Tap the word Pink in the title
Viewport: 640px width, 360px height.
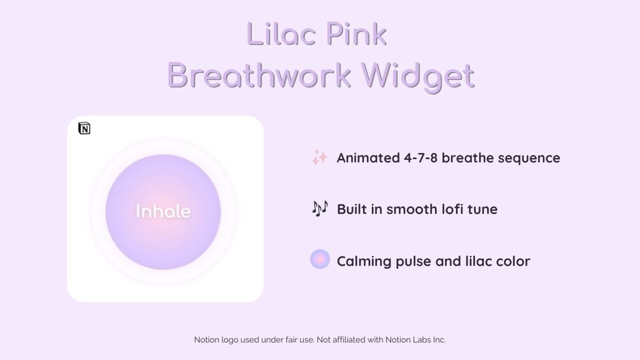coord(357,34)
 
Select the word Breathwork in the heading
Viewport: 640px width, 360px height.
coord(259,76)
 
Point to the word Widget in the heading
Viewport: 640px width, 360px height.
coord(418,76)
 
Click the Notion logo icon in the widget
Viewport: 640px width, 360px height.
coord(84,128)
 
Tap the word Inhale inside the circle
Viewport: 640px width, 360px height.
coord(163,212)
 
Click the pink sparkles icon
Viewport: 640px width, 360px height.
coord(320,157)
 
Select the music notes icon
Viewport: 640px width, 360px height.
coord(320,208)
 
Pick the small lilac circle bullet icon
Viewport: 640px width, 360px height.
coord(320,259)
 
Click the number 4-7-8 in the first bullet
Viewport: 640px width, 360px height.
coord(420,158)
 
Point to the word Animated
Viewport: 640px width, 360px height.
coord(368,158)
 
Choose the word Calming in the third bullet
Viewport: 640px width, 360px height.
coord(364,262)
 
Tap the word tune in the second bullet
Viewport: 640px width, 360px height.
coord(483,210)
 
